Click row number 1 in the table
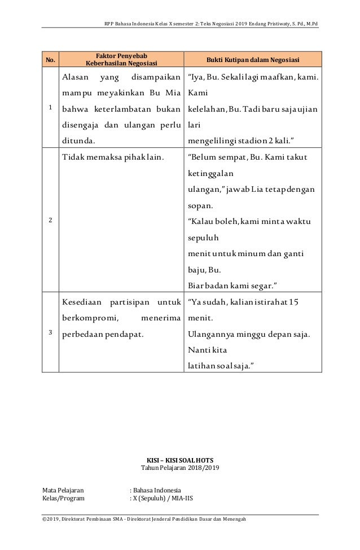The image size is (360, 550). click(x=50, y=107)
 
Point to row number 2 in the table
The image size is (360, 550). click(x=50, y=221)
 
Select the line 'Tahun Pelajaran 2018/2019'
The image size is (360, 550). click(x=179, y=468)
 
